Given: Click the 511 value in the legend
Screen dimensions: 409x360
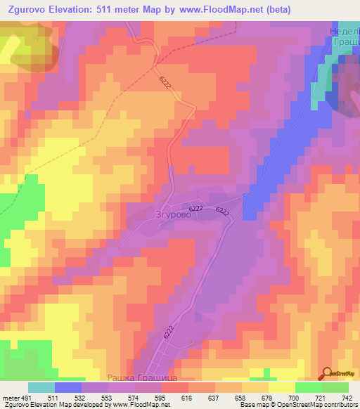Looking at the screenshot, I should pyautogui.click(x=51, y=397).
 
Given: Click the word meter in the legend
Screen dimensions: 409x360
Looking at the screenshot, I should pyautogui.click(x=10, y=397).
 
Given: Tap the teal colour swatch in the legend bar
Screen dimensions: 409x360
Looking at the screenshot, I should pyautogui.click(x=41, y=387).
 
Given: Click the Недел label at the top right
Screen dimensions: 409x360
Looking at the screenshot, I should pyautogui.click(x=345, y=31).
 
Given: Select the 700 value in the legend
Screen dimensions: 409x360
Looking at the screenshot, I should pyautogui.click(x=293, y=397).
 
